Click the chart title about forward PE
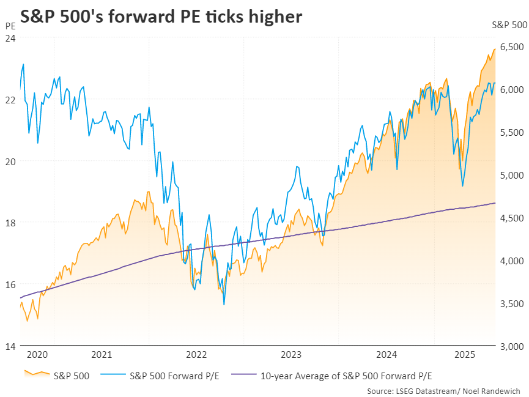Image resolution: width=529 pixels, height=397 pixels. tap(161, 17)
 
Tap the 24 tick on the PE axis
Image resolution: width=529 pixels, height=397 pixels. tap(10, 38)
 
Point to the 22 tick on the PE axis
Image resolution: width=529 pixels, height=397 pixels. tap(10, 100)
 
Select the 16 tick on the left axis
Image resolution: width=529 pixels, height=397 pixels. tap(10, 284)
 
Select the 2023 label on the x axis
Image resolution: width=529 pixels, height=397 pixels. tap(290, 355)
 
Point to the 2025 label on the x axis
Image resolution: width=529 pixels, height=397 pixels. tap(465, 355)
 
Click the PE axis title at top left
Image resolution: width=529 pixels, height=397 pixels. tap(10, 26)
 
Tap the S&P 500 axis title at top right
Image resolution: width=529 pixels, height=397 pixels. tap(509, 26)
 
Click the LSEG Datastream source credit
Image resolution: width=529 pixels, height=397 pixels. tap(446, 390)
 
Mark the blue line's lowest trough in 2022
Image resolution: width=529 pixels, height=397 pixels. tap(224, 304)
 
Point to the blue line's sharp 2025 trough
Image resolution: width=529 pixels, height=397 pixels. tap(462, 186)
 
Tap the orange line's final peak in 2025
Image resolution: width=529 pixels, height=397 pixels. tap(494, 49)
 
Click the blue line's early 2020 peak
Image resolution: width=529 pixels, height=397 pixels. tap(23, 64)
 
